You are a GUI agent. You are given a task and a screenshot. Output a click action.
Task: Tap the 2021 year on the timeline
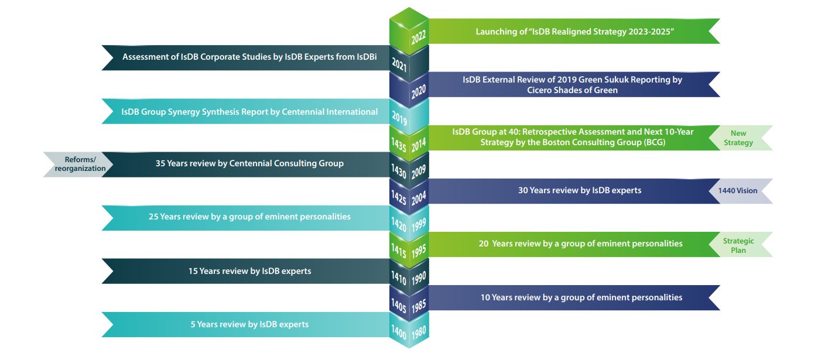tap(399, 66)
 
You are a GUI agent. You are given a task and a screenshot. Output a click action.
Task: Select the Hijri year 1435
tap(399, 145)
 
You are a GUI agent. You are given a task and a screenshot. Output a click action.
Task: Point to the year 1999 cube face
tap(419, 223)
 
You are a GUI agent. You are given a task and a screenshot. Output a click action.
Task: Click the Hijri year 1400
tap(399, 331)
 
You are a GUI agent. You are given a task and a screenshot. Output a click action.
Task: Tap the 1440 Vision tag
tap(738, 191)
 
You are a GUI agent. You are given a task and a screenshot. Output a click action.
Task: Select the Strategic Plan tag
tap(738, 245)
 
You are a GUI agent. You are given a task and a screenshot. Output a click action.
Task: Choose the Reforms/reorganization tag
tap(80, 164)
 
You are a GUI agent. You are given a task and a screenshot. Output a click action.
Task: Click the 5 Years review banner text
tap(249, 324)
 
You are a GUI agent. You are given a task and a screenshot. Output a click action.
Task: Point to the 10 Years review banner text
tap(581, 297)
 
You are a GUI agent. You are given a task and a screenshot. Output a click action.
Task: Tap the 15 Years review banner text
tap(249, 271)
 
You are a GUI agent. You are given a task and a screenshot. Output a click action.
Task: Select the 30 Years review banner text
tap(580, 190)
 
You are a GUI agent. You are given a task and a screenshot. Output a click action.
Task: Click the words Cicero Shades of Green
tap(573, 90)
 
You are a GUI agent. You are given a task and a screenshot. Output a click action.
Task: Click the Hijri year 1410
tap(399, 279)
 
